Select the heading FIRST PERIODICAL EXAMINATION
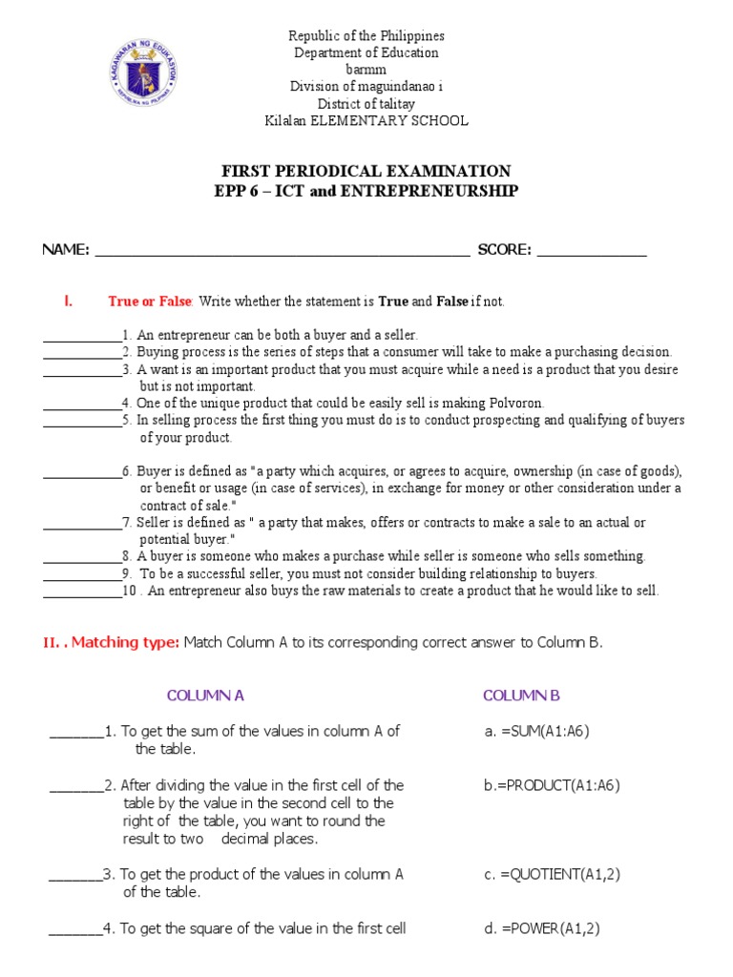366,172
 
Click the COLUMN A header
205,696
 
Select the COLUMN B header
521,696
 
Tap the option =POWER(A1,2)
542,928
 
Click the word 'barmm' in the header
366,70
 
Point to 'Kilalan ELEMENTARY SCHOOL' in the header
366,121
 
